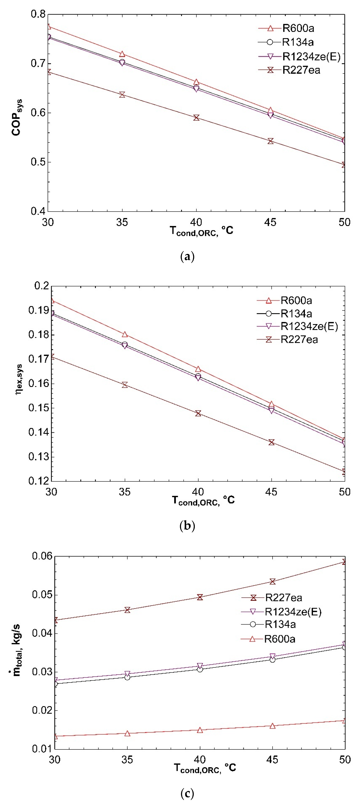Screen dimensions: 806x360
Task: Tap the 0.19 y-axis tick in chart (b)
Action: point(38,310)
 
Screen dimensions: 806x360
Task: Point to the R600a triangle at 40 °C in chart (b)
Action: point(198,369)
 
